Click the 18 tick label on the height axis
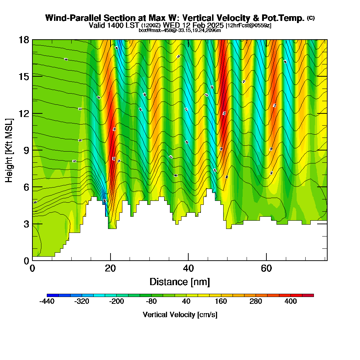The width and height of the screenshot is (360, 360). [x=24, y=40]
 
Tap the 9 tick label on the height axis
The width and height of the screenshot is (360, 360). [x=26, y=150]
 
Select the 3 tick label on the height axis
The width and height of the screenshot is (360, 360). [x=26, y=224]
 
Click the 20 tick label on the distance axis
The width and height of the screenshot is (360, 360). [x=110, y=268]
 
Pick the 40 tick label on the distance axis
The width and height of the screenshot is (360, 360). [x=188, y=268]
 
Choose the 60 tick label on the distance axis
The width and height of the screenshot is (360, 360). [x=266, y=268]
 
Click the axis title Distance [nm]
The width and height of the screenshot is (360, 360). [x=180, y=282]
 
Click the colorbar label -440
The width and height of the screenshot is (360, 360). [x=46, y=302]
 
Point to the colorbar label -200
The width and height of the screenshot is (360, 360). [x=116, y=302]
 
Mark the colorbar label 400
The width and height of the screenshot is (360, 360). [x=291, y=302]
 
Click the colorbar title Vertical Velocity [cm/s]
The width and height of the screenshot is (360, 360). [x=180, y=315]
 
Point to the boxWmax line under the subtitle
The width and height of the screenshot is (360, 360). [x=180, y=30]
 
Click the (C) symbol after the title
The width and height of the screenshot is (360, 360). [x=311, y=18]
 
